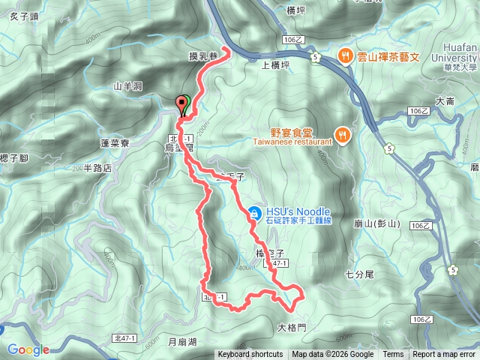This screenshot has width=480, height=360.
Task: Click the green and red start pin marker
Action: tap(181, 105)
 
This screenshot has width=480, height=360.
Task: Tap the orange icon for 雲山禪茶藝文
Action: tap(345, 54)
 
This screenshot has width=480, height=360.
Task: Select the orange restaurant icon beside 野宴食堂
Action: tap(342, 134)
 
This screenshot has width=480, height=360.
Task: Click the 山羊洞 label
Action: tap(127, 86)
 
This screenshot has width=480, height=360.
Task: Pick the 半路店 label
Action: tap(97, 168)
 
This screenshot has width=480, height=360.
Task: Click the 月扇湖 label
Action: tap(182, 342)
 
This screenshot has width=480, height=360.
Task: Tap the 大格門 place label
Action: tap(292, 327)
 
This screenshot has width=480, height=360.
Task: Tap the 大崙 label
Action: tap(445, 100)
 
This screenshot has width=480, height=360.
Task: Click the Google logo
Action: tap(28, 349)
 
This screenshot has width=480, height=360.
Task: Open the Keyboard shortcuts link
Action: tap(250, 355)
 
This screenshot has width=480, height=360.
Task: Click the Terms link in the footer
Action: tap(393, 355)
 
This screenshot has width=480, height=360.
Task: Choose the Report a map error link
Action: tap(444, 355)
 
